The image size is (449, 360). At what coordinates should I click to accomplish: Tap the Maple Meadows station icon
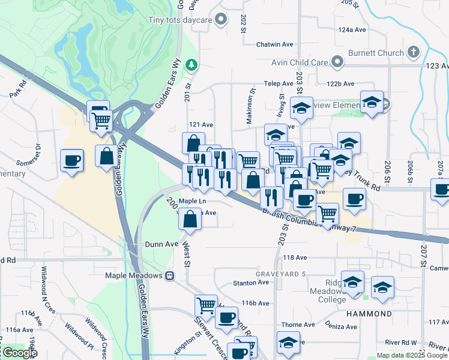[170, 276]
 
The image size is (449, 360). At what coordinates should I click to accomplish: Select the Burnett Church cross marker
[412, 52]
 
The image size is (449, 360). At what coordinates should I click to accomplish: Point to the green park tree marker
[191, 64]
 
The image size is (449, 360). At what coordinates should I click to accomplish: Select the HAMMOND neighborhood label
[369, 314]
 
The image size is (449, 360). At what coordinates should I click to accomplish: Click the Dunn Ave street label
[161, 244]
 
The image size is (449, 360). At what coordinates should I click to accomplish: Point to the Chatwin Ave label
[274, 44]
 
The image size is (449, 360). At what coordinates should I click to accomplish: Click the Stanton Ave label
[249, 283]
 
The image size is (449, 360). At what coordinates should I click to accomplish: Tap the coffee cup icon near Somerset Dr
[72, 160]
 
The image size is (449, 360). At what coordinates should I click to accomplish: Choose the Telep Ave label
[279, 85]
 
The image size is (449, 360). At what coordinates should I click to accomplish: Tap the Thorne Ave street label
[298, 325]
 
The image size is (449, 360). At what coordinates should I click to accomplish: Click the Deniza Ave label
[342, 327]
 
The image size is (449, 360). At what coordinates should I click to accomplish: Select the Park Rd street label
[17, 89]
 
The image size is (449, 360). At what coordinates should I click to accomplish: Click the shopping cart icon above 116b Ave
[206, 305]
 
